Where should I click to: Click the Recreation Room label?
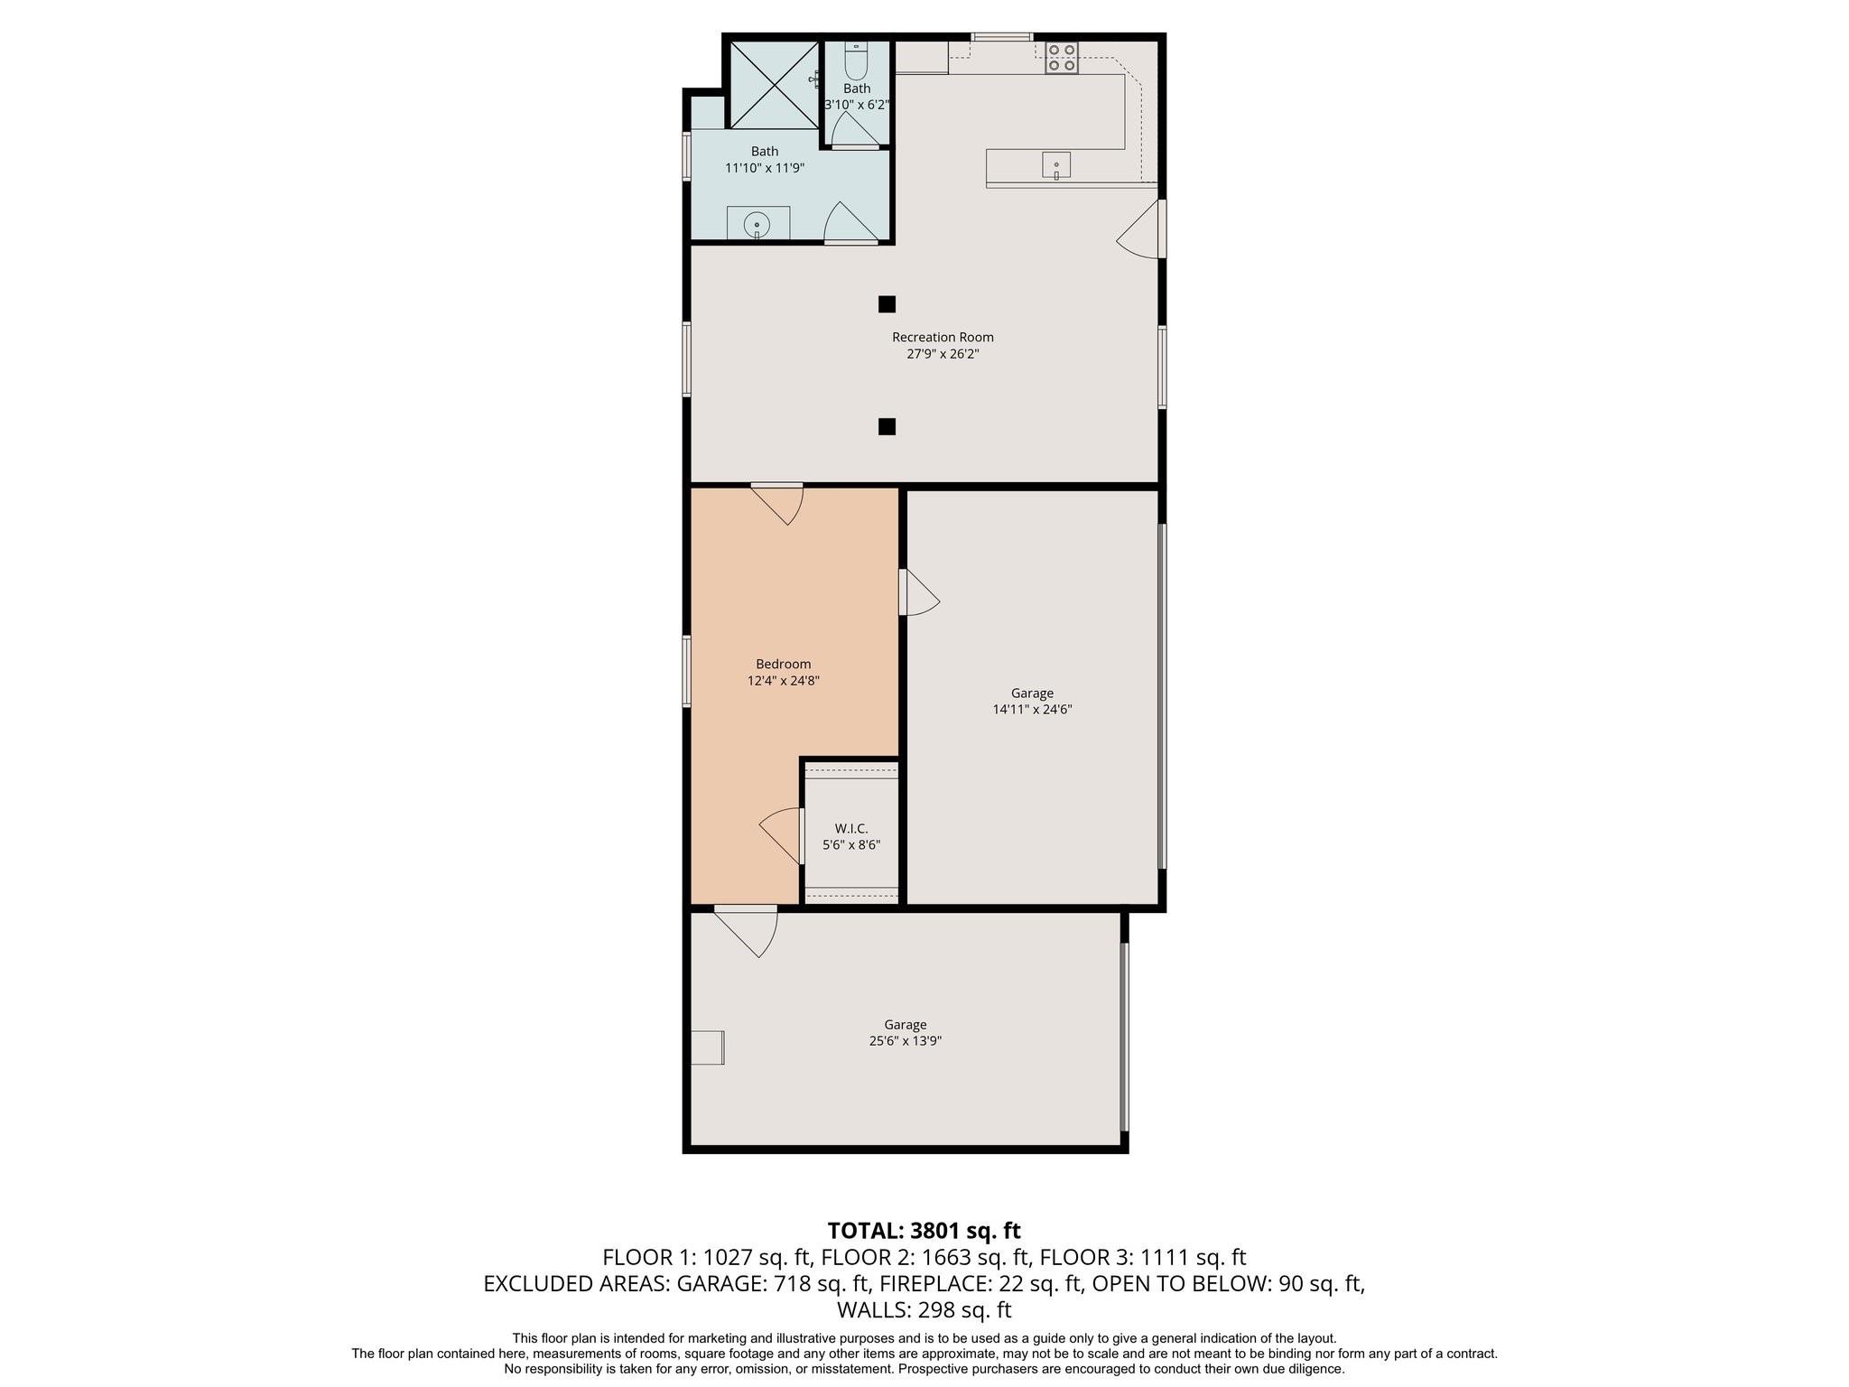click(943, 337)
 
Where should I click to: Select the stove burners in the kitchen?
click(1062, 58)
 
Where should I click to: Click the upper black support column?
click(887, 304)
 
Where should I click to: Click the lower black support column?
click(887, 426)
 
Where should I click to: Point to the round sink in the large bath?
click(757, 224)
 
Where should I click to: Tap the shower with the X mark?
click(774, 84)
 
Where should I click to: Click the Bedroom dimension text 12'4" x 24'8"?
click(783, 681)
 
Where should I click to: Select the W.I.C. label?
click(850, 828)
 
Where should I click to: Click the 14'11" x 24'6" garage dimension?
click(1032, 710)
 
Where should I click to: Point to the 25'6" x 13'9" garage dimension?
click(905, 1040)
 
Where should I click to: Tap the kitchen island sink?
click(1055, 165)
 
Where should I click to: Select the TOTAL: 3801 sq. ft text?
click(924, 1230)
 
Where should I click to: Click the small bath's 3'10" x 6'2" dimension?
click(857, 105)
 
